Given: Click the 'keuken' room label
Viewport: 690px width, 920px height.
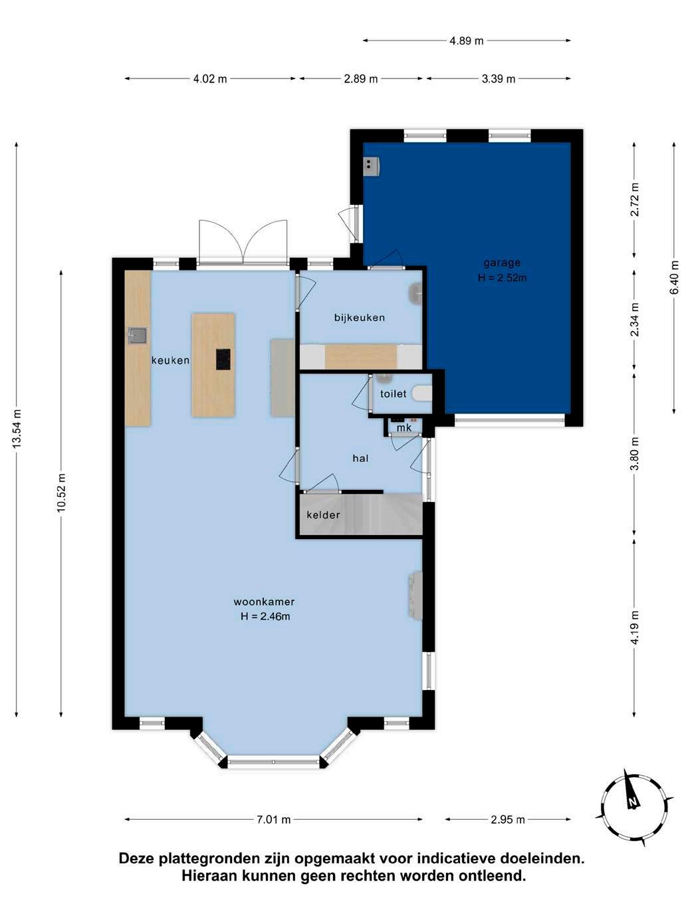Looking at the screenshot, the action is pos(170,360).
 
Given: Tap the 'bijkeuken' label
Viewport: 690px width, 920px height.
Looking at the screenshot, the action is pos(360,317).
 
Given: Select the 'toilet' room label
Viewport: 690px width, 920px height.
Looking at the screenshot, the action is pos(393,394).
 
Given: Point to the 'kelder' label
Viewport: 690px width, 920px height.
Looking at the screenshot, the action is pos(323,515).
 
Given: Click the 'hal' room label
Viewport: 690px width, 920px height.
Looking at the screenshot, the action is pos(360,458).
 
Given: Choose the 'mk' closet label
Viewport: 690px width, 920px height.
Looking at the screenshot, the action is pos(404,427).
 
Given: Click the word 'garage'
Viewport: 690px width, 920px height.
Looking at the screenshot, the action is pos(502,263).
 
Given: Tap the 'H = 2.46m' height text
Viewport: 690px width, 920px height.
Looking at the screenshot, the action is pos(265,616).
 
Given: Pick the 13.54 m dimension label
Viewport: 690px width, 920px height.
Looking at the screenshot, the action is pos(17,428).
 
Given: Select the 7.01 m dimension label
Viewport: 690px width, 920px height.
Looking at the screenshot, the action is pos(274,820).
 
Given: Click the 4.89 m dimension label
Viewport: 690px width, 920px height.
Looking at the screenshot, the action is pos(466,41).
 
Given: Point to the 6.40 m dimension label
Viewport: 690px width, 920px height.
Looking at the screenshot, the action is pos(674,277).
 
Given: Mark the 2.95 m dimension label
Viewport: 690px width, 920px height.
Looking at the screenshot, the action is pos(508,820).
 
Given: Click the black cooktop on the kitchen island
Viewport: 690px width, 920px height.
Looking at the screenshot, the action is pos(223,359).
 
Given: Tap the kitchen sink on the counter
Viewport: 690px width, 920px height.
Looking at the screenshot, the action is pos(138,336).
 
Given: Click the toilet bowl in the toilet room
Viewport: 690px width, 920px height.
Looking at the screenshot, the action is pos(422,394).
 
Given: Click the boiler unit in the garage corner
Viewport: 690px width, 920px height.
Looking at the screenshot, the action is pos(372,166).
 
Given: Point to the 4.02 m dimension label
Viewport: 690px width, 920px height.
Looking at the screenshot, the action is pos(210,79).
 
